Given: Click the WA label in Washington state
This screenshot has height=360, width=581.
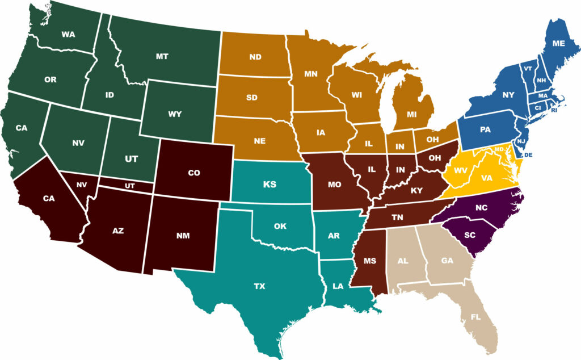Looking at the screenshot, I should coord(68,35).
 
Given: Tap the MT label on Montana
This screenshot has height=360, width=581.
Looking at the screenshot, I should coord(162,57).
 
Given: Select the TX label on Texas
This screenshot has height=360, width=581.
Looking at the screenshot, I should coord(259,286).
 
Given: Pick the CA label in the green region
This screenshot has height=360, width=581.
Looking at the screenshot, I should coord(22,128).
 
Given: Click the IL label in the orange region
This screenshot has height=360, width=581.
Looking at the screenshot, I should coord(369,144).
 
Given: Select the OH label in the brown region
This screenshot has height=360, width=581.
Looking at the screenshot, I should coord(436,158).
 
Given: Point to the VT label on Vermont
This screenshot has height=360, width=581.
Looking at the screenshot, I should coord(528,69).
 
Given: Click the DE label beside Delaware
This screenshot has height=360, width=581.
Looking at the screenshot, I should coord(528,154).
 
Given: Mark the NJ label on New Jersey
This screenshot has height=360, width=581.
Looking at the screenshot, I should coord(521,140).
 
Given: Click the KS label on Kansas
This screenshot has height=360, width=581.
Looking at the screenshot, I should coord(270,185).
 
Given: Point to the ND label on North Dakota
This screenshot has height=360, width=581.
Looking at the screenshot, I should coord(255,57).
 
